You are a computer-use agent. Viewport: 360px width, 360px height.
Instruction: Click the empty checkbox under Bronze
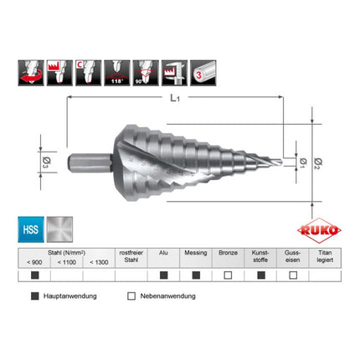[x=228, y=275]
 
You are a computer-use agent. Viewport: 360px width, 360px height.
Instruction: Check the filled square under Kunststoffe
[x=260, y=275]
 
